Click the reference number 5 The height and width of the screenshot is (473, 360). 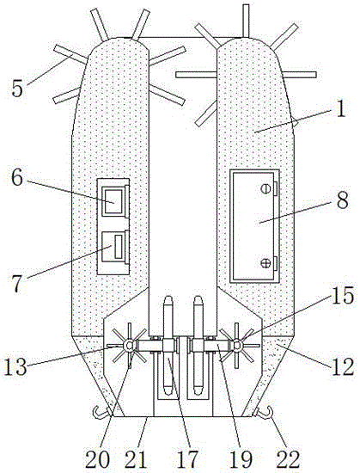tap(17, 89)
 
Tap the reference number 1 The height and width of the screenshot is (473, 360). tap(341, 109)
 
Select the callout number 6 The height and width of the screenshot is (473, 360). tap(17, 178)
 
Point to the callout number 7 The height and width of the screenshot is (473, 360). tap(16, 284)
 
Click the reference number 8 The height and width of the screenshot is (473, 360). tap(343, 200)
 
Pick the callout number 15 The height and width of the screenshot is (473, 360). tap(343, 295)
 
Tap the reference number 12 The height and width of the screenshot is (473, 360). tap(343, 367)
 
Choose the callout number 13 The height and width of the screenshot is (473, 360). tap(15, 367)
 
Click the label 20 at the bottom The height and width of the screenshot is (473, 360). tap(97, 460)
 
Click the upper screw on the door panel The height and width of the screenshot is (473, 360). tap(265, 189)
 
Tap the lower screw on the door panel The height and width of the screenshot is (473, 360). tap(265, 262)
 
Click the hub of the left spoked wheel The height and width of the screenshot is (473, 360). tap(129, 345)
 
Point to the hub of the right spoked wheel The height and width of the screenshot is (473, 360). tap(237, 345)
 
